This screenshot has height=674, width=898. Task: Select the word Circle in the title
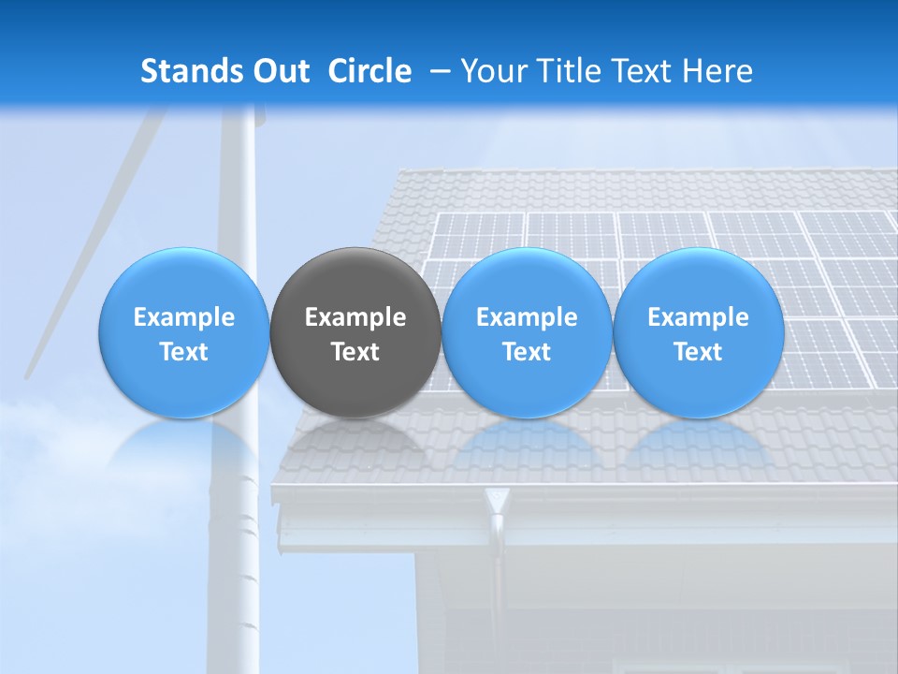(369, 71)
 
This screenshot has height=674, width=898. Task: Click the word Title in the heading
(573, 71)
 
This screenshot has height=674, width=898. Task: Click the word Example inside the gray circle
(355, 317)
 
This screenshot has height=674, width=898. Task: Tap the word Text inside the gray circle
(355, 352)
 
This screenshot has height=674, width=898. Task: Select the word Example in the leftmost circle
(183, 317)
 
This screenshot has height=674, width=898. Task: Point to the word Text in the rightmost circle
(698, 352)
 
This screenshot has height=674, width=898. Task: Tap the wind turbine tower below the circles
(241, 524)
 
